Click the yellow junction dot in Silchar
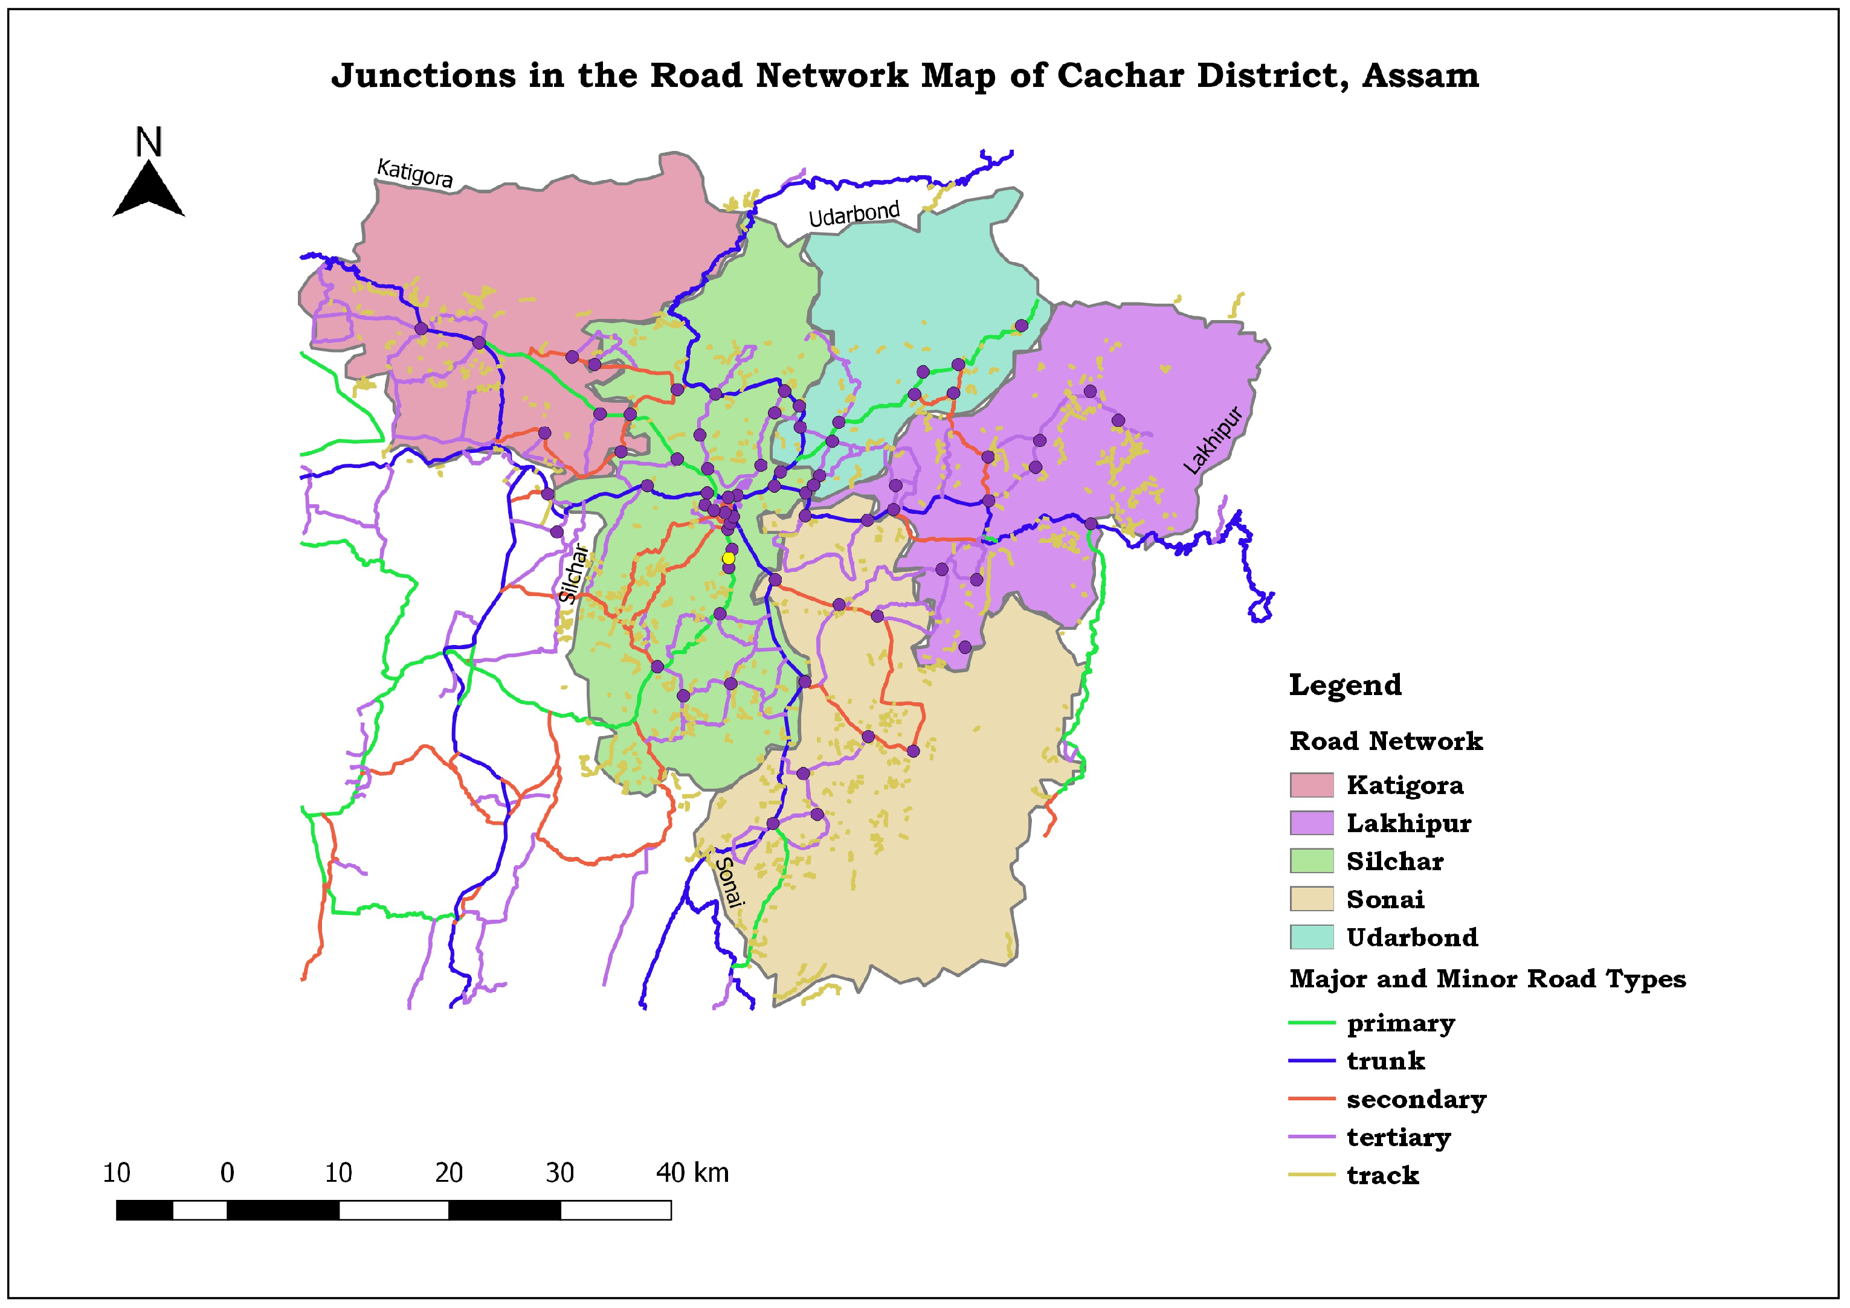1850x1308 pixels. pyautogui.click(x=729, y=558)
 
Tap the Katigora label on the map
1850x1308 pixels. pyautogui.click(x=415, y=172)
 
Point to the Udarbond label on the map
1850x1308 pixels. pyautogui.click(x=854, y=214)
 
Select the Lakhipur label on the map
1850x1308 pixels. pyautogui.click(x=1213, y=441)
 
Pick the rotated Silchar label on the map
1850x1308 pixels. pyautogui.click(x=574, y=574)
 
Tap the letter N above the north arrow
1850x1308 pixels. pyautogui.click(x=149, y=143)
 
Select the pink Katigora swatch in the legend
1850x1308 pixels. pyautogui.click(x=1311, y=785)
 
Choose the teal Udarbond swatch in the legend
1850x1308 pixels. pyautogui.click(x=1311, y=937)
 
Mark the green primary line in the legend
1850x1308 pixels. pyautogui.click(x=1311, y=1023)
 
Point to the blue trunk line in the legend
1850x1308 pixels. pyautogui.click(x=1311, y=1061)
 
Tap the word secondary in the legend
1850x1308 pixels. pyautogui.click(x=1416, y=1100)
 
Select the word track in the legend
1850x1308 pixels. pyautogui.click(x=1382, y=1175)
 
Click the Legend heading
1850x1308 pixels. pyautogui.click(x=1345, y=685)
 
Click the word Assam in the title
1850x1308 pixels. pyautogui.click(x=1420, y=75)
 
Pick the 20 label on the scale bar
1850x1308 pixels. pyautogui.click(x=449, y=1173)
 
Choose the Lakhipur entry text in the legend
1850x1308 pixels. pyautogui.click(x=1408, y=823)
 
